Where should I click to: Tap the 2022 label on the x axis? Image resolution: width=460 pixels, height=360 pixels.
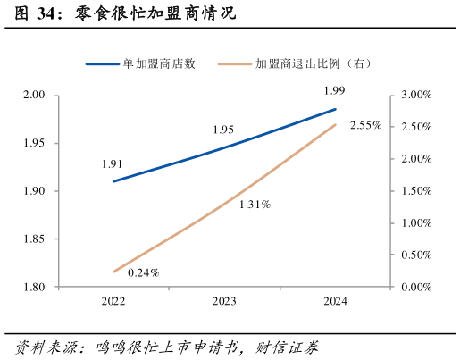point(113,302)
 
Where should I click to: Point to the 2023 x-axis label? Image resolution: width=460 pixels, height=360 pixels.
point(224,302)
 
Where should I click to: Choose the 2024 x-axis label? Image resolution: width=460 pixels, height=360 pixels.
point(335,302)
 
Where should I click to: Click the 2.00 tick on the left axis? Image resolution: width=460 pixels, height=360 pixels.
point(33,95)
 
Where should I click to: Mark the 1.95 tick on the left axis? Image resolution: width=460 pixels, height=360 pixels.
point(33,143)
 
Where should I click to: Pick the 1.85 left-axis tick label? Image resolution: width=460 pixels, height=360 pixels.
point(33,239)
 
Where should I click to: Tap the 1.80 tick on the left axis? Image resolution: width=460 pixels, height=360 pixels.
point(33,288)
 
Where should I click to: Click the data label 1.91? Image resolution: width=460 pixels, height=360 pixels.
point(113,164)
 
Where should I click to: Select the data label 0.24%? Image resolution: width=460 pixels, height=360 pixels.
point(143,272)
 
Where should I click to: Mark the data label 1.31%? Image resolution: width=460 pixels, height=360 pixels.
point(255,205)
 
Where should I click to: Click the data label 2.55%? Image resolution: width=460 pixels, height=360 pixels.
point(365,125)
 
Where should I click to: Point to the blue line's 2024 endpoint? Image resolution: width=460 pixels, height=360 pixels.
point(336,109)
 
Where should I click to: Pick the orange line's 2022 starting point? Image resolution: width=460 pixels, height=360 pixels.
point(113,272)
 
